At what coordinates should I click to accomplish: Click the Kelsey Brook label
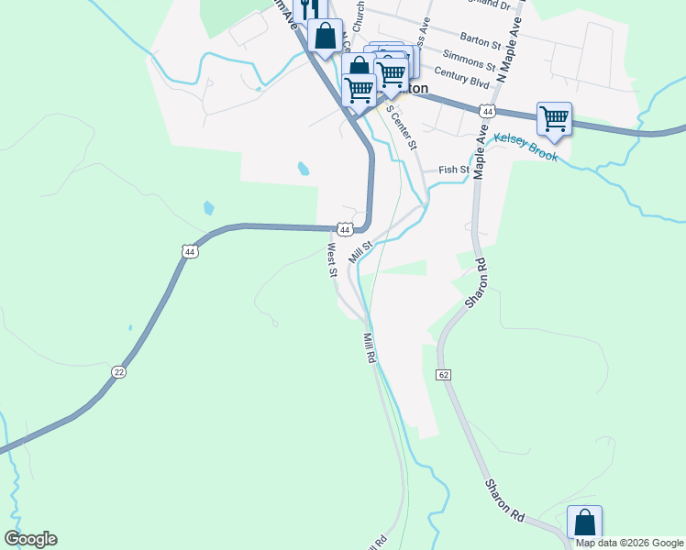[526, 148]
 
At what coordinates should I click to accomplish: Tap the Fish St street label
[454, 170]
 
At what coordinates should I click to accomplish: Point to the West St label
[331, 256]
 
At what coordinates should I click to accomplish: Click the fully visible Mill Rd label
[369, 348]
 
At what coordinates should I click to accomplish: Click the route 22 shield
[119, 371]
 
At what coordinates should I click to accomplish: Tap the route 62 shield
[444, 375]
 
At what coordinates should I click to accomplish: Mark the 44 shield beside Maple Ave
[487, 111]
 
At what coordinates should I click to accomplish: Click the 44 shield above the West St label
[343, 228]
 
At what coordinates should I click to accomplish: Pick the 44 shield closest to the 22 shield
[190, 250]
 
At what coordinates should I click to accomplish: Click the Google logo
[30, 539]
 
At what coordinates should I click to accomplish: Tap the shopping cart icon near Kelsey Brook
[554, 118]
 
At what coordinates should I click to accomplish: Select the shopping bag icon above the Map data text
[584, 522]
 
